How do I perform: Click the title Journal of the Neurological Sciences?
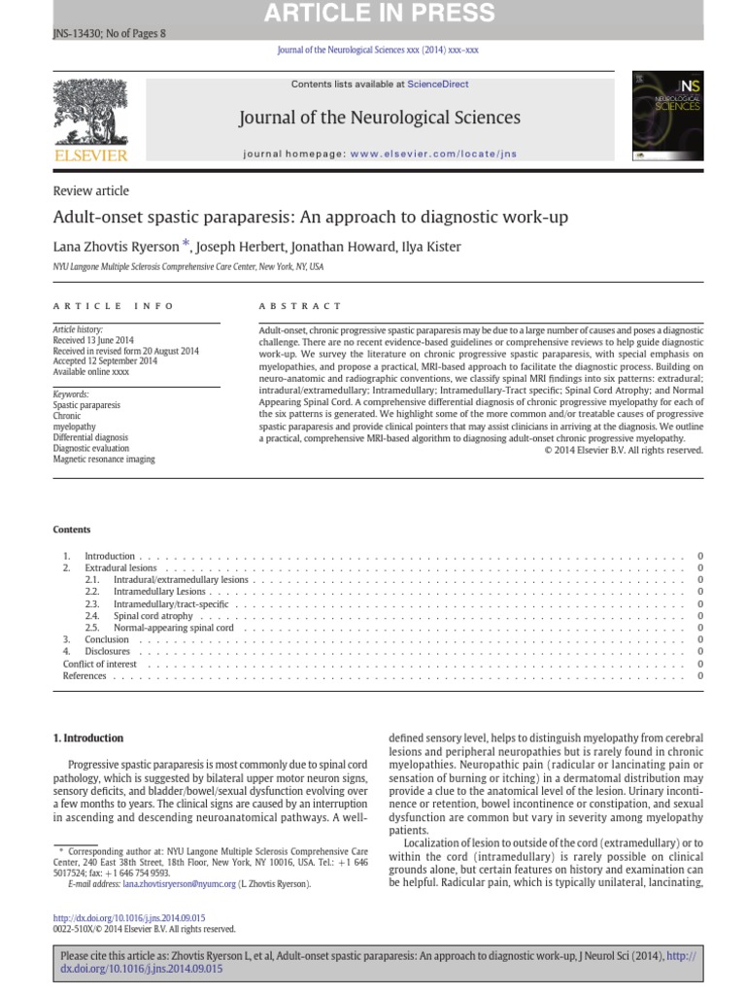(379, 118)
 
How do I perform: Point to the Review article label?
(90, 190)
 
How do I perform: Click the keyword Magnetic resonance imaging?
(104, 459)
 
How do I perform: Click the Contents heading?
(71, 530)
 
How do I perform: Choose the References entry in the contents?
(85, 675)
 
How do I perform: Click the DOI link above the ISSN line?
(129, 916)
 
